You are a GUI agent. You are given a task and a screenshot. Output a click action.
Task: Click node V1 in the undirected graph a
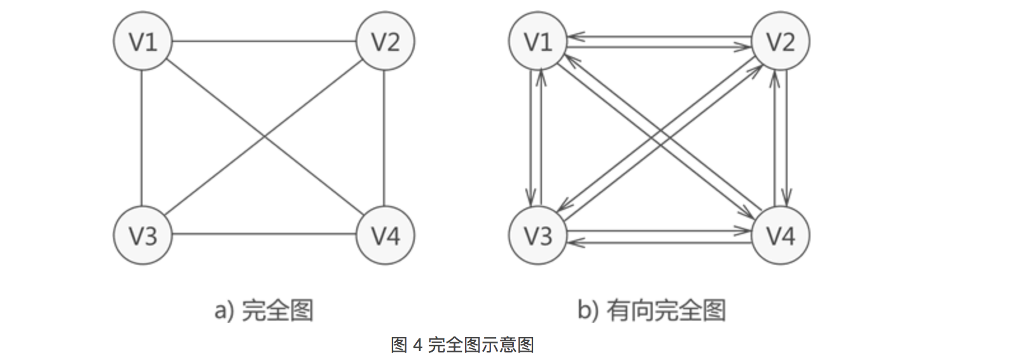[142, 42]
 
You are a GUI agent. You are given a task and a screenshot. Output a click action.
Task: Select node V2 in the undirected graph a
[385, 42]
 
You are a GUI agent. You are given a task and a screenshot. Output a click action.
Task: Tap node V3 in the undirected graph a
[142, 235]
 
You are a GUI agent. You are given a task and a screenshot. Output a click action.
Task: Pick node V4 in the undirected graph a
[385, 235]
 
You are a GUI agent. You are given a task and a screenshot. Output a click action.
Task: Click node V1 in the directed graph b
[538, 42]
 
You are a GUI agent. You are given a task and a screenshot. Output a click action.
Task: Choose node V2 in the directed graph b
[780, 42]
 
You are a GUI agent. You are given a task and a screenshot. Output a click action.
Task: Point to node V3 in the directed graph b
[538, 235]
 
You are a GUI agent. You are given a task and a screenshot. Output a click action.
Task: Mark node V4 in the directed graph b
[780, 235]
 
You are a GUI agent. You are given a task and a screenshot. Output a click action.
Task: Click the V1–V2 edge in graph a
[264, 42]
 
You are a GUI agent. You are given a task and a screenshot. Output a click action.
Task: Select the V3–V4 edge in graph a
[264, 234]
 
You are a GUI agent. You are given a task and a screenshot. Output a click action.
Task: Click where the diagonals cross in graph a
[264, 137]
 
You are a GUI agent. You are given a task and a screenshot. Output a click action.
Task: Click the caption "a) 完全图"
[264, 310]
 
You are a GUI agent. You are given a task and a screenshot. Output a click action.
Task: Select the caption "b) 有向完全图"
[651, 310]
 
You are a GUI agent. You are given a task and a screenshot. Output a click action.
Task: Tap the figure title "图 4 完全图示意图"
[462, 345]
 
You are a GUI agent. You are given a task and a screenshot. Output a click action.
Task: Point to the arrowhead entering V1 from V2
[574, 37]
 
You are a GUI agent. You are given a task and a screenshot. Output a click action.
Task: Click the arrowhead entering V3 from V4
[574, 241]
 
